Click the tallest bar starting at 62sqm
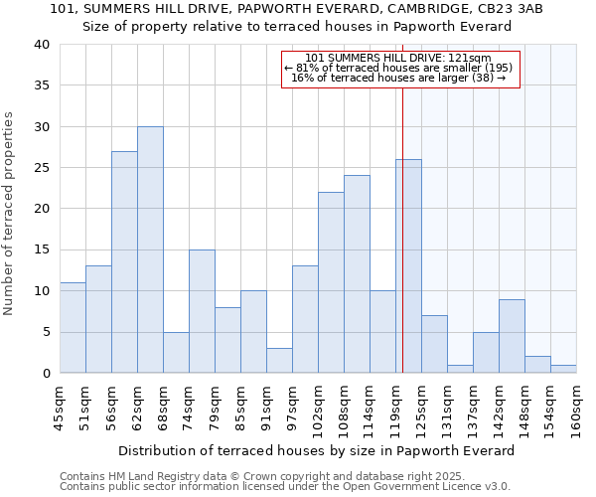[x=150, y=249]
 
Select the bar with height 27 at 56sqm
[x=124, y=261]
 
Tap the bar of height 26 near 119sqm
[x=408, y=266]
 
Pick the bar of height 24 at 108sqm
[x=357, y=274]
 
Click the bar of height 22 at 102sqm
[x=331, y=282]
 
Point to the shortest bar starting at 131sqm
[x=460, y=369]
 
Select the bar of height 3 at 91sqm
[x=279, y=361]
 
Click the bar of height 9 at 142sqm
[x=512, y=336]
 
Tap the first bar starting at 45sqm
[x=73, y=328]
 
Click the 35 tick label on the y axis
[x=42, y=85]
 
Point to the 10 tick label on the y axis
[x=42, y=291]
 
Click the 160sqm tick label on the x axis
[x=577, y=410]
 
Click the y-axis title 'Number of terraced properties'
[x=10, y=213]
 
